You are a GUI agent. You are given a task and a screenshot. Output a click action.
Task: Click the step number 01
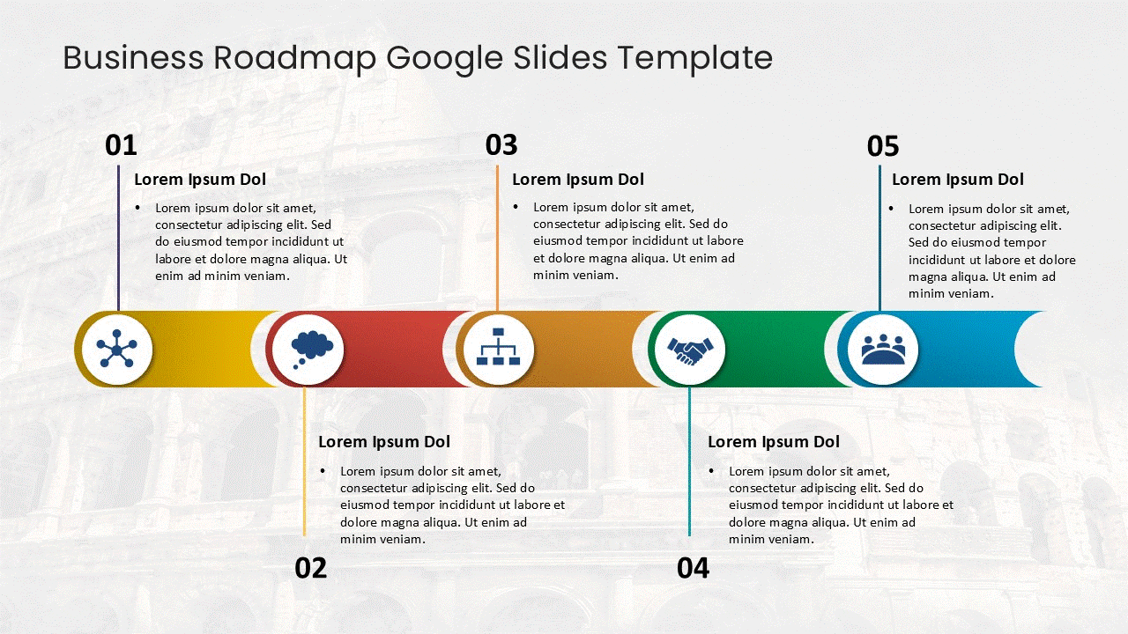[121, 145]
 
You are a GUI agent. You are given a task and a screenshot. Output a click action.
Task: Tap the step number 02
[310, 568]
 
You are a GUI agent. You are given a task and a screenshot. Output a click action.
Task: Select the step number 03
[501, 144]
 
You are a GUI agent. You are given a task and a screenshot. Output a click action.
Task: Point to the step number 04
[693, 568]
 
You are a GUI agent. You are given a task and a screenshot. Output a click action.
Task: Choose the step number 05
[883, 146]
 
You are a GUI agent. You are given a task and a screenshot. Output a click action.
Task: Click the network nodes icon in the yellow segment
[117, 350]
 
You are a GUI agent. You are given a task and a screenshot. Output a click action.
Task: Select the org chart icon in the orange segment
[499, 349]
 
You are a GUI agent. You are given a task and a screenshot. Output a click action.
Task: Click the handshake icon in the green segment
[690, 350]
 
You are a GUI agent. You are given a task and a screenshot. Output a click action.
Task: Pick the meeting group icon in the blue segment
[882, 350]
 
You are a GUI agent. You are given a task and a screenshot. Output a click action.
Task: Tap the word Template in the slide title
[694, 58]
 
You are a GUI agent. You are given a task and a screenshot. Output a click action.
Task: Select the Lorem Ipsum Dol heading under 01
[200, 180]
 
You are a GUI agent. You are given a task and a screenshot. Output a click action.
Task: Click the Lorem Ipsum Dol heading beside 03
[578, 180]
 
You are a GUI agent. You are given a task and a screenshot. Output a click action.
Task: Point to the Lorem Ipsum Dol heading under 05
[958, 180]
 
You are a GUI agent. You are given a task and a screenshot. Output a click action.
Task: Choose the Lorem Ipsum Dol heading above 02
[384, 442]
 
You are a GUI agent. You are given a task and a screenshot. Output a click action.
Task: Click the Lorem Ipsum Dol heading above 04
[774, 442]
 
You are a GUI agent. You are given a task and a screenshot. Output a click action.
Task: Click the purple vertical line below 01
[118, 238]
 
